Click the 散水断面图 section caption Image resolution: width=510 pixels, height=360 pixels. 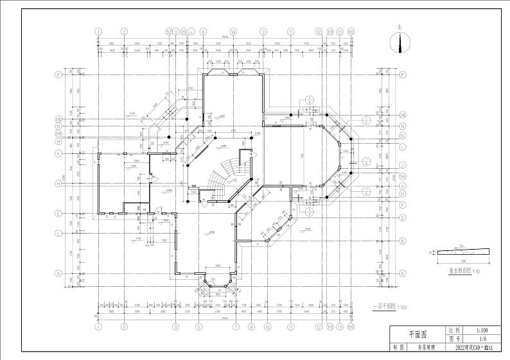click(459, 271)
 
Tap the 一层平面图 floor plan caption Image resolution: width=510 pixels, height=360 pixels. click(383, 307)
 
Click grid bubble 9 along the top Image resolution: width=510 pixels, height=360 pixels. click(263, 31)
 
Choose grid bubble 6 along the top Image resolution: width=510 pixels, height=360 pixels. click(203, 31)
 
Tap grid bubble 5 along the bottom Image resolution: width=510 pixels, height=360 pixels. click(199, 326)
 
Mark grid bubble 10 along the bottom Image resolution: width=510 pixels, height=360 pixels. click(267, 326)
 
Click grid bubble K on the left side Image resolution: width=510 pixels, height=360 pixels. click(58, 153)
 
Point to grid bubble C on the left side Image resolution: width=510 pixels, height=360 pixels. click(58, 233)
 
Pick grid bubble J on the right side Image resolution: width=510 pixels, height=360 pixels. click(403, 164)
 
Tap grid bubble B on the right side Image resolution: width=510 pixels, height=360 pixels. click(403, 242)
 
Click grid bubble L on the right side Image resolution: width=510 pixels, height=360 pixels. click(403, 146)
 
